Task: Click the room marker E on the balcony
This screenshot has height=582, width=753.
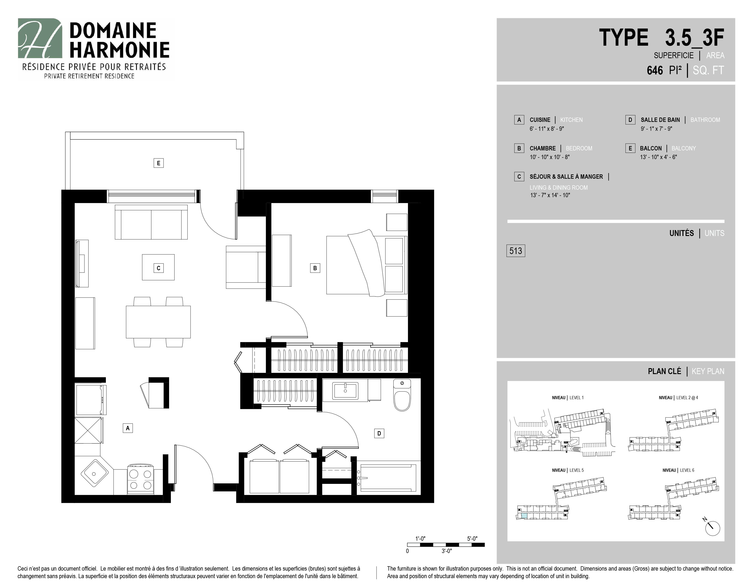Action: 159,163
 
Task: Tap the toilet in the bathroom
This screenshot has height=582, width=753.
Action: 402,395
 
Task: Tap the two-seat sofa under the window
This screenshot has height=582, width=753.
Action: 151,222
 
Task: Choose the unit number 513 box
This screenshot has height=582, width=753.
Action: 515,251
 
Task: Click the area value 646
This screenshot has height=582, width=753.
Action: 655,70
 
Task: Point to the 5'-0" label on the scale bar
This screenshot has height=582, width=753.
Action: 472,538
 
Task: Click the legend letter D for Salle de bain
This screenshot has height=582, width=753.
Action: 630,120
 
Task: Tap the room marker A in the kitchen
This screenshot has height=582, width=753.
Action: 128,428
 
